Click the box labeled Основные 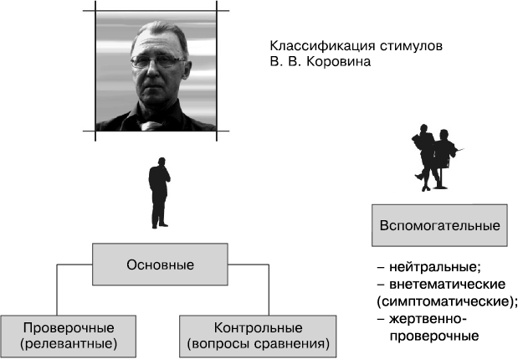tap(160, 265)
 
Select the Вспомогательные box tap(439, 225)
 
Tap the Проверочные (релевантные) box tap(69, 337)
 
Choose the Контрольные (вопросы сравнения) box tap(258, 337)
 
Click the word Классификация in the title tap(322, 46)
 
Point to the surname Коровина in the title tap(339, 62)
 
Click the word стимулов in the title tap(411, 46)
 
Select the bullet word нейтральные tap(435, 267)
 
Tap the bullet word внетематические tap(448, 285)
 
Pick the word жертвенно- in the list tap(428, 319)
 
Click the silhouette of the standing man tap(159, 193)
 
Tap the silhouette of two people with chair tap(435, 157)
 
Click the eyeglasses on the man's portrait tap(158, 61)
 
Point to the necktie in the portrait tap(147, 126)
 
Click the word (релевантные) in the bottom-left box tap(69, 344)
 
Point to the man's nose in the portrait tap(152, 69)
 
